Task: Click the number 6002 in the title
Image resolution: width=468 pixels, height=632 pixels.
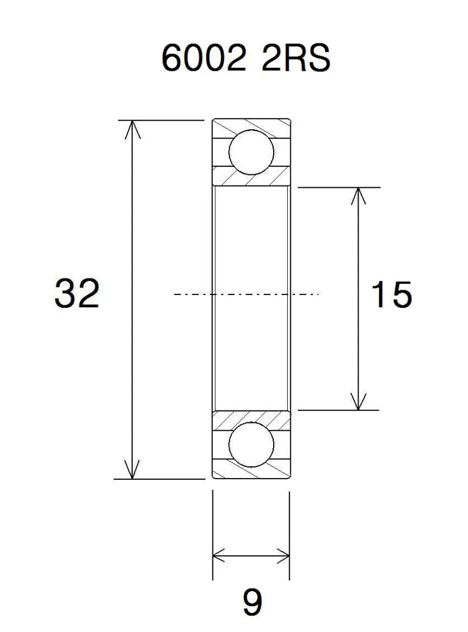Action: point(204,58)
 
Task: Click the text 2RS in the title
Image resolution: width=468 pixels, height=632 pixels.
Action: point(296,58)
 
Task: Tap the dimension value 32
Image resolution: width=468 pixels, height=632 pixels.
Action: point(77,293)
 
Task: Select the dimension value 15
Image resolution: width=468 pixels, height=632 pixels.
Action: point(391,294)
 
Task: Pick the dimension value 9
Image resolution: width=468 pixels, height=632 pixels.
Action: point(252,602)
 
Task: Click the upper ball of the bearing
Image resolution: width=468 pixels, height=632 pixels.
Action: point(251,152)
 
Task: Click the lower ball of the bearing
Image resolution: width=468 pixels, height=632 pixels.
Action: point(251,445)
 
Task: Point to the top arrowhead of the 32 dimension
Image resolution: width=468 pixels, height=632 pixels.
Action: point(132,129)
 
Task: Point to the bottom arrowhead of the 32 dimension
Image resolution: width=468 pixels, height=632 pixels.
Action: point(132,470)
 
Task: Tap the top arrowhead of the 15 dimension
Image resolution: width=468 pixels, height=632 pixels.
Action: point(358,196)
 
